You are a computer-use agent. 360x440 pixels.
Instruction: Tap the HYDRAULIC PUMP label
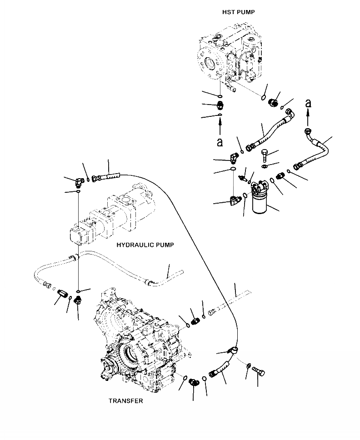point(145,245)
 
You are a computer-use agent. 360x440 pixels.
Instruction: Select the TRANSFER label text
point(125,401)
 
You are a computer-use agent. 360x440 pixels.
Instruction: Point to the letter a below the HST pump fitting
point(220,142)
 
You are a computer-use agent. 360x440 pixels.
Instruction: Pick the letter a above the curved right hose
point(309,104)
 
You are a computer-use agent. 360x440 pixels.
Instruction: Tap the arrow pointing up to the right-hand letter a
point(308,119)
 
